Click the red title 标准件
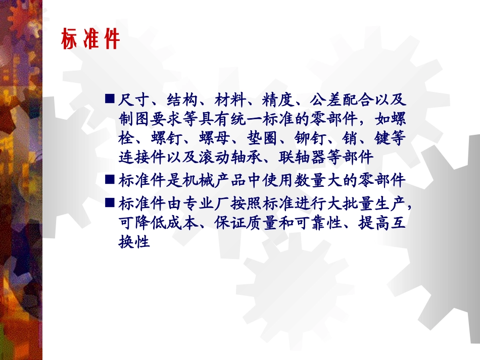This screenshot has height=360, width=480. [x=90, y=39]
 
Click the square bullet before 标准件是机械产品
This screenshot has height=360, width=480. [x=110, y=180]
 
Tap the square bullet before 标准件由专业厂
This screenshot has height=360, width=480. [x=110, y=202]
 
